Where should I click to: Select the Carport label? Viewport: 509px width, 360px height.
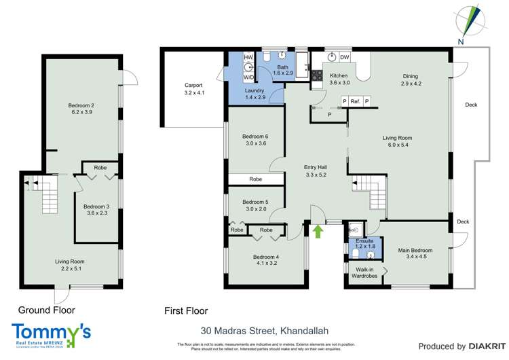click(x=193, y=86)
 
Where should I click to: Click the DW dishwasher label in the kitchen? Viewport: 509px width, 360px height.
click(x=344, y=57)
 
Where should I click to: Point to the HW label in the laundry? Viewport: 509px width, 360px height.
click(x=248, y=57)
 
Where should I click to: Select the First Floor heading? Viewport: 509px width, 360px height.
click(x=185, y=310)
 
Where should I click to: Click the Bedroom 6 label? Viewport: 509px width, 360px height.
click(x=255, y=136)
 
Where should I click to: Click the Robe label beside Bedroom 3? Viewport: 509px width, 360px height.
click(x=100, y=167)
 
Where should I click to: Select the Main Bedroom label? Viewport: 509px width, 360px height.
click(x=414, y=250)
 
